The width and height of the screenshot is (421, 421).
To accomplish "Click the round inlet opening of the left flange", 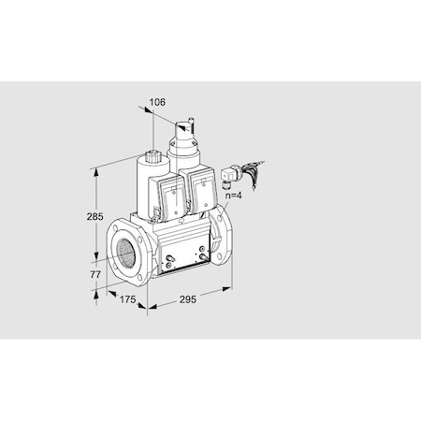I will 123,248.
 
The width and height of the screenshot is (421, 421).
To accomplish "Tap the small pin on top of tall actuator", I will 191,119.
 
